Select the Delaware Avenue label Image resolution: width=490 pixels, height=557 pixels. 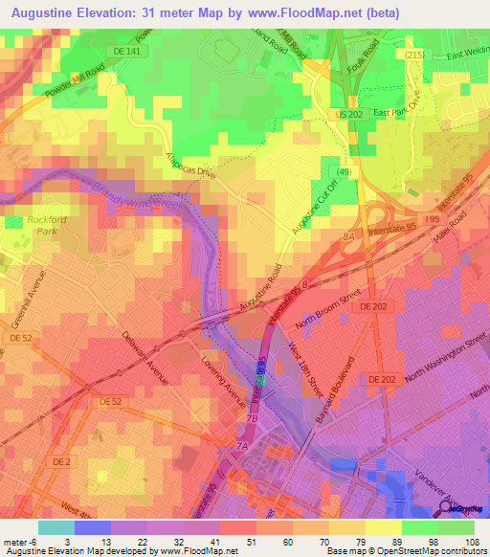tap(145, 359)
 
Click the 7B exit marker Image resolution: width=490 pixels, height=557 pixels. tap(253, 418)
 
